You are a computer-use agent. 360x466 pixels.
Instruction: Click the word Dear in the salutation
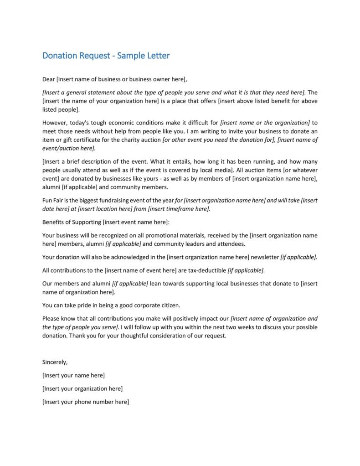tap(49, 79)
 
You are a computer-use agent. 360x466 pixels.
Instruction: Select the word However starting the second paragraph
tap(55, 123)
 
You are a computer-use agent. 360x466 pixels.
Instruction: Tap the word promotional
tap(170, 235)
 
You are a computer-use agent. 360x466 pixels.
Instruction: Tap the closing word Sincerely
tap(55, 362)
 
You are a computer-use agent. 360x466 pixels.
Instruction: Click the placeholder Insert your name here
tap(73, 375)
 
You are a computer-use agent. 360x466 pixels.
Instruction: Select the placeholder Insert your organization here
tap(82, 388)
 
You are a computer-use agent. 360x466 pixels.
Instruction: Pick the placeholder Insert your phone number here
tap(85, 402)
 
